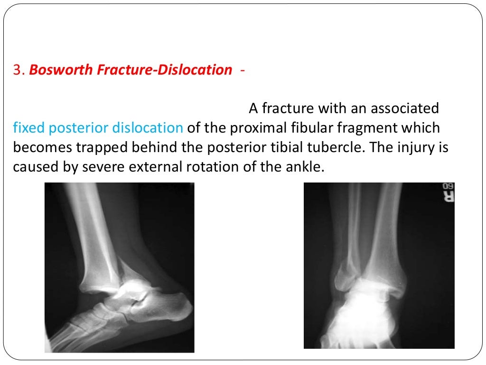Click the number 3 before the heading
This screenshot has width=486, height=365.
pos(18,70)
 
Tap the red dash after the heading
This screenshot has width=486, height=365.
pos(243,70)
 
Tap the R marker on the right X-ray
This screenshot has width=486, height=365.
pos(448,195)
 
